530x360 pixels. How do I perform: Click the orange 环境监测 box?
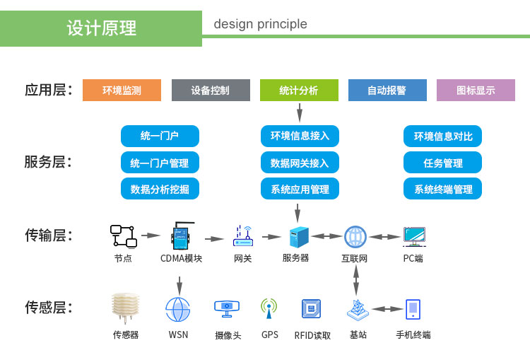(122, 91)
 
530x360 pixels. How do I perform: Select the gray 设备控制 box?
(211, 91)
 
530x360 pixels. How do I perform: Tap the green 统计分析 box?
(299, 91)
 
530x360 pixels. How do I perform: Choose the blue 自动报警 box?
(387, 91)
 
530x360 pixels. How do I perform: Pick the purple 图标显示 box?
(476, 91)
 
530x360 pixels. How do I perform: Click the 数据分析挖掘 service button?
(160, 190)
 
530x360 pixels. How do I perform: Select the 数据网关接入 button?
(300, 163)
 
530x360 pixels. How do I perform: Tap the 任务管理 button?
(442, 163)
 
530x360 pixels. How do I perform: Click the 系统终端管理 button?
(442, 190)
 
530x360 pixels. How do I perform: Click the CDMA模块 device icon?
(182, 236)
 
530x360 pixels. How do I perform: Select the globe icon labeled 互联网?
(355, 236)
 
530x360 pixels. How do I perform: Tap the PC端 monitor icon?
(413, 236)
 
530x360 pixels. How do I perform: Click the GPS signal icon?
(269, 308)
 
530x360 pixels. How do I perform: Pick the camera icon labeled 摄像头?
(228, 308)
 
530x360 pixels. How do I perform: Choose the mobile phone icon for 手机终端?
(413, 308)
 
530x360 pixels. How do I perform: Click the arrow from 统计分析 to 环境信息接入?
(300, 113)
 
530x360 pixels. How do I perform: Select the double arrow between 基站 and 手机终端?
(387, 309)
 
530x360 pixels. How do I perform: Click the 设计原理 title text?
(102, 28)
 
